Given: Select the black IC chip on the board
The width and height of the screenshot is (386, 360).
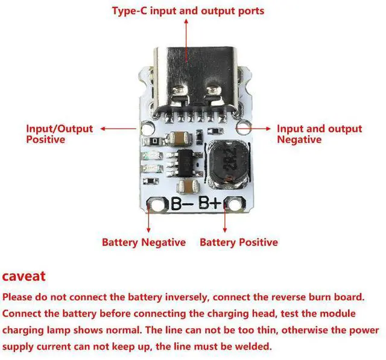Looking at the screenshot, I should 189,161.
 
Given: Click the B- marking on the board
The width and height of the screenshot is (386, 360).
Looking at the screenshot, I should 182,204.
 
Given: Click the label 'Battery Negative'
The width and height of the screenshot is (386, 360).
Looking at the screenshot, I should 144,242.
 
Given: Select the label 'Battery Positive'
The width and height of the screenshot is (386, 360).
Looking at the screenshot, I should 239,242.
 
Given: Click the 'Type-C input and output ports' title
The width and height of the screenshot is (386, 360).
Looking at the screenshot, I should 188,11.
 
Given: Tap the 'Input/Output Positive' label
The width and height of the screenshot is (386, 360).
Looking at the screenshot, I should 59,134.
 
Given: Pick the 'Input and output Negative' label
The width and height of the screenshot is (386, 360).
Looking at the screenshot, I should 319,134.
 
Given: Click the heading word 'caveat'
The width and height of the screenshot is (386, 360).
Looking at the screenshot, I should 24,277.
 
